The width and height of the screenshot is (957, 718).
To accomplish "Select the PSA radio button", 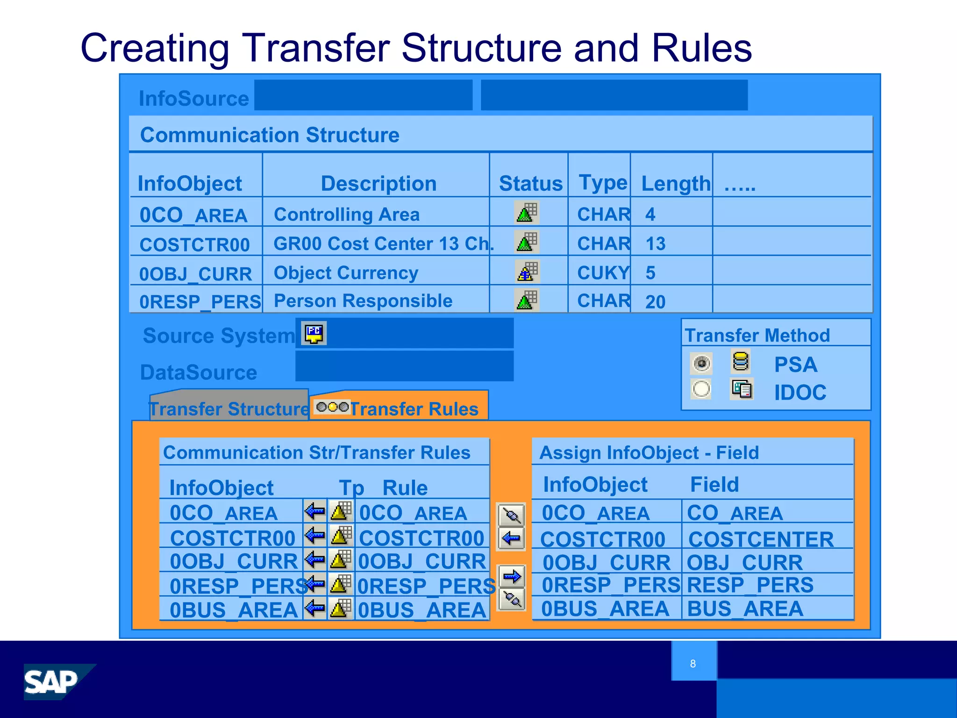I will point(701,364).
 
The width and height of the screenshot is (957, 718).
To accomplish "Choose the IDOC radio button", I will point(701,389).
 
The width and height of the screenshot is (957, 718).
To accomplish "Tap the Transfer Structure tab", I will point(229,408).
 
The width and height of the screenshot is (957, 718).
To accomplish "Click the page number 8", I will point(693,663).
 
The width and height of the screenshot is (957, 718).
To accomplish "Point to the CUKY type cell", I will point(603,273).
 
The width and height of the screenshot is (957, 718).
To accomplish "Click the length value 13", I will point(655,244).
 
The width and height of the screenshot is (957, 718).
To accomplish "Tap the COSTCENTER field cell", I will point(761,539).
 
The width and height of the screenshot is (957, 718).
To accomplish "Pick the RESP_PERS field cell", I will point(750,585).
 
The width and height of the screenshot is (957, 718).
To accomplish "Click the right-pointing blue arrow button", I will point(512,576).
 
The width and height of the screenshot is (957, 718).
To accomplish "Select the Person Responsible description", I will point(363,301).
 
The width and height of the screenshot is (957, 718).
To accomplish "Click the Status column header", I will point(530,183).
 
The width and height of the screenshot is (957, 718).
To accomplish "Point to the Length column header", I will point(675,183).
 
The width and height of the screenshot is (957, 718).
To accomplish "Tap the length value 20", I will point(655,302).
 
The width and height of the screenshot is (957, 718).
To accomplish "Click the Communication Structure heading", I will point(270,135).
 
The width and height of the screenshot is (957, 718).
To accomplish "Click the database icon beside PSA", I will point(741,362).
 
